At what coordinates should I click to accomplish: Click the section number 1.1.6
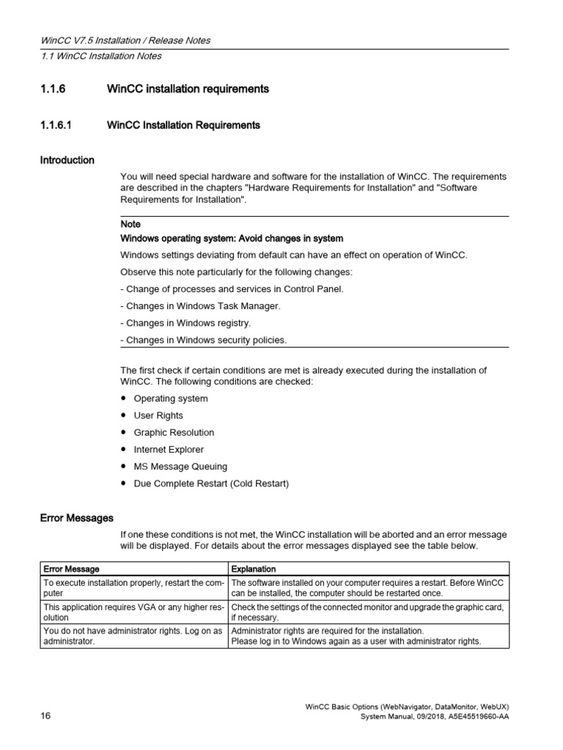point(53,89)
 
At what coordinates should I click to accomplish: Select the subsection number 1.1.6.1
point(57,125)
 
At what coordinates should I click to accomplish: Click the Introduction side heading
point(67,160)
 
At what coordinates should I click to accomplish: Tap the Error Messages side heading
point(76,518)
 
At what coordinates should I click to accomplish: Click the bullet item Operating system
point(170,398)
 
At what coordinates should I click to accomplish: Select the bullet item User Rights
point(158,415)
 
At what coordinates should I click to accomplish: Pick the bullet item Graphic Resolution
point(174,433)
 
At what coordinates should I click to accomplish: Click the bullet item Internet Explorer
point(169,450)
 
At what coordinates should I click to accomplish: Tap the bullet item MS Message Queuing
point(180,467)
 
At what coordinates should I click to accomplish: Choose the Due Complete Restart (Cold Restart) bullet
point(211,483)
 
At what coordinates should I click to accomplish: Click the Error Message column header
point(71,568)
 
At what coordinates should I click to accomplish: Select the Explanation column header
point(254,568)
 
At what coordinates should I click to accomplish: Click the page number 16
point(45,716)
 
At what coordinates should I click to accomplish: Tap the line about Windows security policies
point(204,340)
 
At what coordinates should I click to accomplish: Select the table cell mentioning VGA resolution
point(133,612)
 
